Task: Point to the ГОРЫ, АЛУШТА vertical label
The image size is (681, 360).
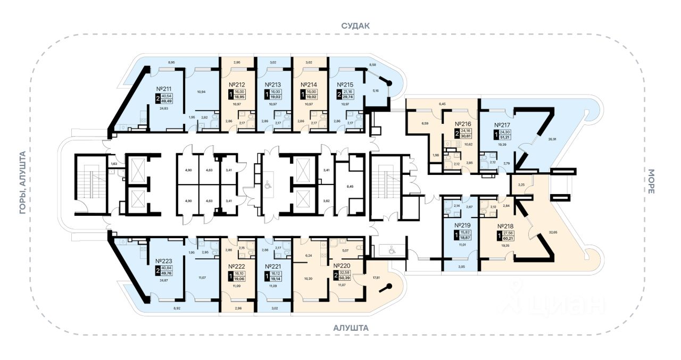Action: coord(22,183)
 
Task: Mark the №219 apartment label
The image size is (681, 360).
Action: coord(461,224)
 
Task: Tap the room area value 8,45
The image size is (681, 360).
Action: coord(350,187)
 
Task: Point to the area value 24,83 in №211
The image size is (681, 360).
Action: coord(163,108)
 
